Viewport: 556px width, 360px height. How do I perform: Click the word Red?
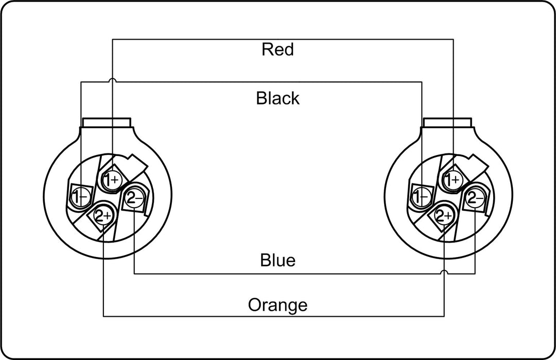click(x=277, y=49)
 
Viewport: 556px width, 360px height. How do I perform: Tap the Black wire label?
click(x=277, y=98)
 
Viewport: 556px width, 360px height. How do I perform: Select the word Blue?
click(x=277, y=260)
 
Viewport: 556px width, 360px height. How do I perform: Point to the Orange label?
click(x=277, y=305)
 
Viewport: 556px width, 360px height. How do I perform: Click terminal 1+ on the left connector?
click(x=112, y=180)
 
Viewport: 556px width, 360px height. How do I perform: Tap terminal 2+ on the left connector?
click(x=103, y=215)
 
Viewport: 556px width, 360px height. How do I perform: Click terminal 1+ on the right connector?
click(x=453, y=180)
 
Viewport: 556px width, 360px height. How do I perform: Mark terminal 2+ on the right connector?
click(x=444, y=215)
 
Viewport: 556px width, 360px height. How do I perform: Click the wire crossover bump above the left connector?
click(x=112, y=80)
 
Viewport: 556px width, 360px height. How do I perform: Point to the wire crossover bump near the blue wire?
click(x=444, y=272)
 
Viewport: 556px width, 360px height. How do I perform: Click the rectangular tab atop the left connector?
click(x=107, y=123)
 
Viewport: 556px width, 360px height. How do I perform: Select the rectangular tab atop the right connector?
click(x=448, y=123)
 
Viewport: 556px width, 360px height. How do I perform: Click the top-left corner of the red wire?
click(x=112, y=39)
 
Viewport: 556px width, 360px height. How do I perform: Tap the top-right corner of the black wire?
click(x=422, y=82)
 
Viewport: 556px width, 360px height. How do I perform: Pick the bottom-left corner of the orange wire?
click(x=103, y=316)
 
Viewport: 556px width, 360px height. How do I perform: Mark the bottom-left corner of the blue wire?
click(x=134, y=274)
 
